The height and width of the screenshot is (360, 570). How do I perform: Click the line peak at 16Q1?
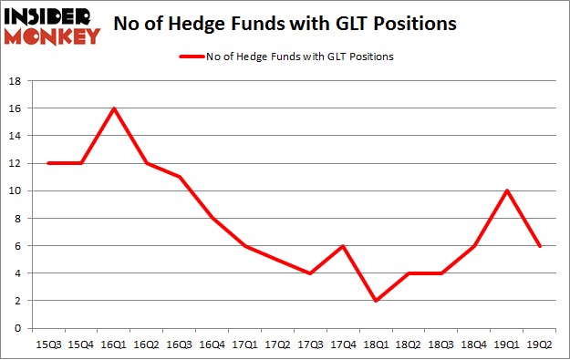click(x=114, y=108)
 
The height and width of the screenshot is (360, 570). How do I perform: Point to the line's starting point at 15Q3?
click(x=48, y=163)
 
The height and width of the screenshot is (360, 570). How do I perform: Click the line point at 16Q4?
click(x=213, y=218)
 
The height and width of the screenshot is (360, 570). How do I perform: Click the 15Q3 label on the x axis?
click(x=48, y=345)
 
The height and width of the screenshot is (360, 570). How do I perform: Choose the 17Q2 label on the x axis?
click(x=279, y=345)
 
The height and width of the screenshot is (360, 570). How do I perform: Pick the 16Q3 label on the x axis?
click(x=180, y=345)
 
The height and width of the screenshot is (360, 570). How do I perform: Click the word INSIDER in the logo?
click(x=53, y=16)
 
